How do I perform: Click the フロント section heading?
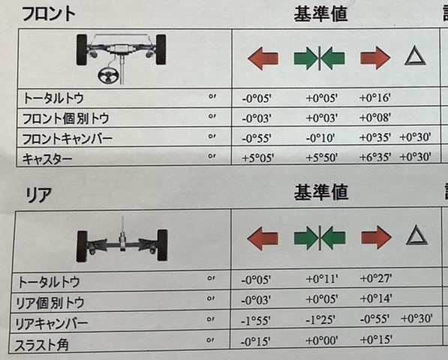[x=49, y=13]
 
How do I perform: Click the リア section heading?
[x=39, y=195]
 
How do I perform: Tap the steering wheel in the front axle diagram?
[x=108, y=75]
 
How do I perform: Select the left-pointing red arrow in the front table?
[x=263, y=58]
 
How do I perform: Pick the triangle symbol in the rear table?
[x=416, y=235]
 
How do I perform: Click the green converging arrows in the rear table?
[x=320, y=238]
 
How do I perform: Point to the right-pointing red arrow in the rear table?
[x=376, y=237]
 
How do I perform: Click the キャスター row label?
[x=47, y=159]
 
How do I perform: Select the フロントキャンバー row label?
[x=67, y=139]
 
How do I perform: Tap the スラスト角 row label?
[x=42, y=344]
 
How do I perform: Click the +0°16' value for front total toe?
[x=375, y=98]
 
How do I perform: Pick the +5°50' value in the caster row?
[x=322, y=157]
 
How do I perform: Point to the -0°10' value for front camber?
[x=320, y=138]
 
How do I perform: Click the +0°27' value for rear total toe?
[x=376, y=278]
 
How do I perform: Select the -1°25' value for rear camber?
[x=320, y=319]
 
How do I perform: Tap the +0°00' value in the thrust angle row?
[x=322, y=340]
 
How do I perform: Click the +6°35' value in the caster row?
[x=375, y=157]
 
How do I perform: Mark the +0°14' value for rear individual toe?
[x=376, y=299]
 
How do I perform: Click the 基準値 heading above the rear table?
[x=321, y=192]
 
